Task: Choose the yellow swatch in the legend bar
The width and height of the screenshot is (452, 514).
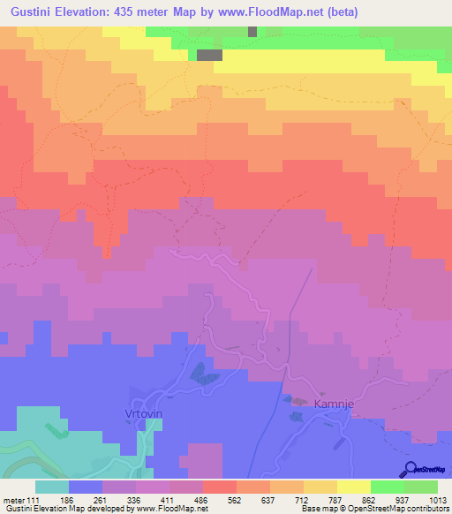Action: pyautogui.click(x=354, y=487)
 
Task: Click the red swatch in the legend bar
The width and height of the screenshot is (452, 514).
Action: pyautogui.click(x=220, y=487)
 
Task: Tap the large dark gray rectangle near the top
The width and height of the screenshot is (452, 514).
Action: pyautogui.click(x=208, y=55)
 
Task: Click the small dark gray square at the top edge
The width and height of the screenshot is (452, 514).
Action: pyautogui.click(x=252, y=31)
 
